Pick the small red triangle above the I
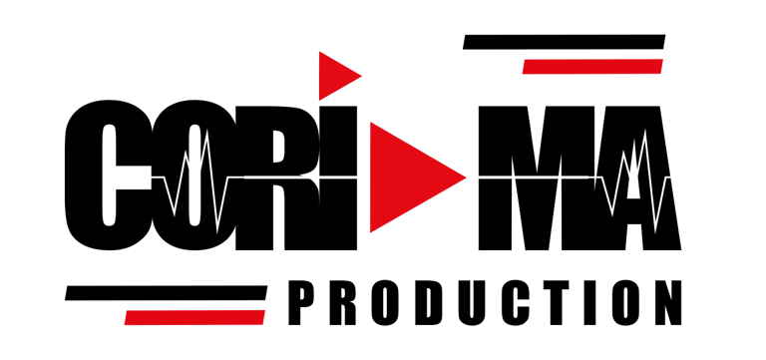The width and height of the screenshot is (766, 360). pos(335,74)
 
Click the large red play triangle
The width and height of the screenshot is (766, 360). pos(404,178)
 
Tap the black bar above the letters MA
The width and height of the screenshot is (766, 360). pos(564,42)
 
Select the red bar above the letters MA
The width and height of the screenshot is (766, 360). pos(592,67)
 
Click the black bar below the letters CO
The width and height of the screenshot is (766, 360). pos(165,293)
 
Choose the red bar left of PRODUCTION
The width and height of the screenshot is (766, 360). pos(193,317)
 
